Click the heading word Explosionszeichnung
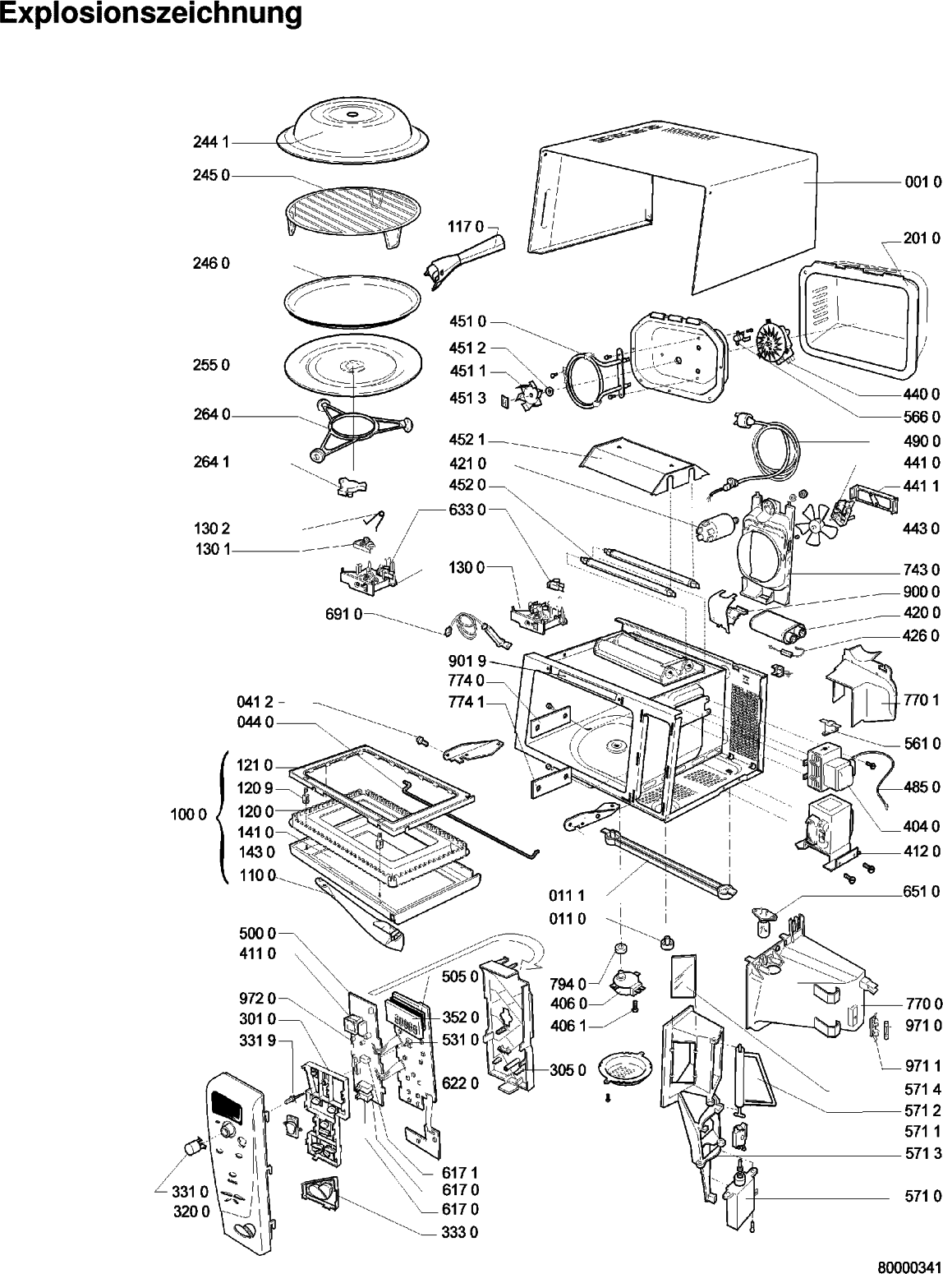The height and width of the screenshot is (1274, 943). pyautogui.click(x=150, y=14)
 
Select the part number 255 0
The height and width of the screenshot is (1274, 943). pyautogui.click(x=211, y=364)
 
